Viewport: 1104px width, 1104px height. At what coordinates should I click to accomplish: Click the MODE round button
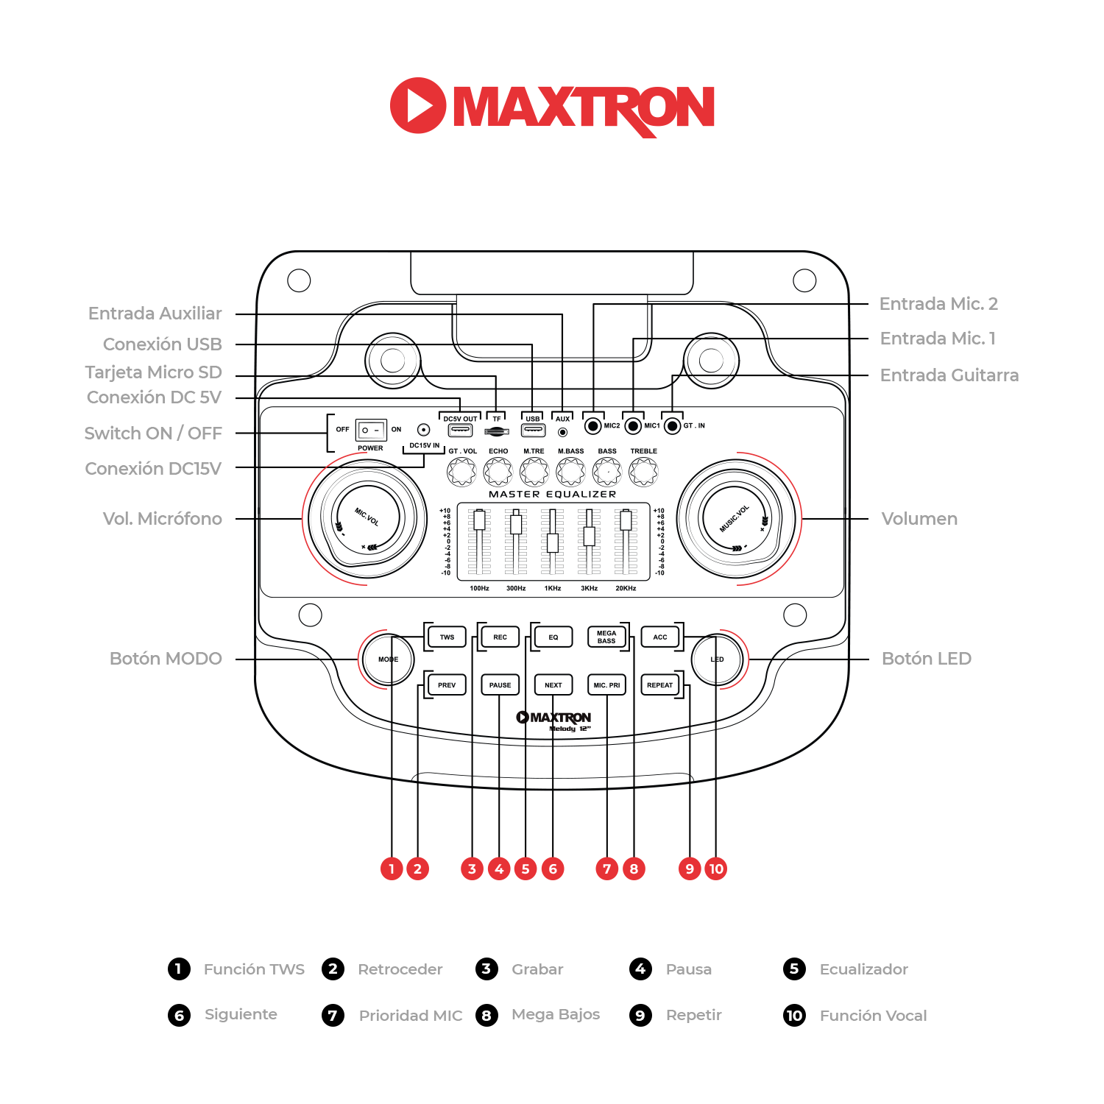[388, 659]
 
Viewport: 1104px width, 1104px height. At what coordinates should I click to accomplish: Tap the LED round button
[717, 659]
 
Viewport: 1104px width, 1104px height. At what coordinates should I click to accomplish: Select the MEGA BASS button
[606, 637]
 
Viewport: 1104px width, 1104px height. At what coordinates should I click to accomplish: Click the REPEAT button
[659, 685]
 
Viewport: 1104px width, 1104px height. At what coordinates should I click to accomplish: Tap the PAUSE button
[500, 685]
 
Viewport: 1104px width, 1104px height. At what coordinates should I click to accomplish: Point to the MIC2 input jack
[593, 426]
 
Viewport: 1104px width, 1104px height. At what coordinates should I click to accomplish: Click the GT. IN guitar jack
[672, 426]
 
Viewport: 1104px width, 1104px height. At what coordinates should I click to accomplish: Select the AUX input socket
[563, 432]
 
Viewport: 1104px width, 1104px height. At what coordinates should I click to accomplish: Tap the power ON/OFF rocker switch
[371, 430]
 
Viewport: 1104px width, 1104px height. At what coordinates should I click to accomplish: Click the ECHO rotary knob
[498, 472]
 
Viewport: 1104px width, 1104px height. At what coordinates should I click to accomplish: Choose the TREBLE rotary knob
[643, 472]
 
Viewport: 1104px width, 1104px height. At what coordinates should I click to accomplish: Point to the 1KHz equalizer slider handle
[553, 543]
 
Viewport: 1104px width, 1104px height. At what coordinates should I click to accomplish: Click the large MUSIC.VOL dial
[735, 519]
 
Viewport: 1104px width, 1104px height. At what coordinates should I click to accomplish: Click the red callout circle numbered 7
[607, 869]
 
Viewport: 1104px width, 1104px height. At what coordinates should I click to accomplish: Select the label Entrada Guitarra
[949, 375]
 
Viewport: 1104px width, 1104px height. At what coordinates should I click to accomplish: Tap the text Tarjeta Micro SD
[153, 372]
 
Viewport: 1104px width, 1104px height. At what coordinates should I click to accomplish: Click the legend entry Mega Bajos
[556, 1014]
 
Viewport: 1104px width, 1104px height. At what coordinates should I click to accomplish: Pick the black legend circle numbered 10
[794, 1016]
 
